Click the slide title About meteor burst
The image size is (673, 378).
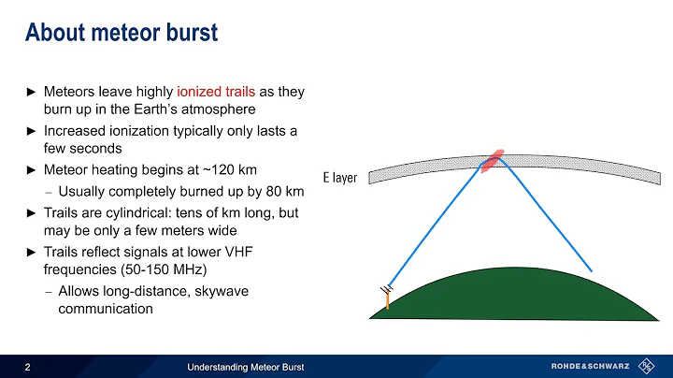(121, 34)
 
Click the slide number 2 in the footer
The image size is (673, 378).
(27, 366)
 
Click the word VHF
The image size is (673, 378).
(280, 253)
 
